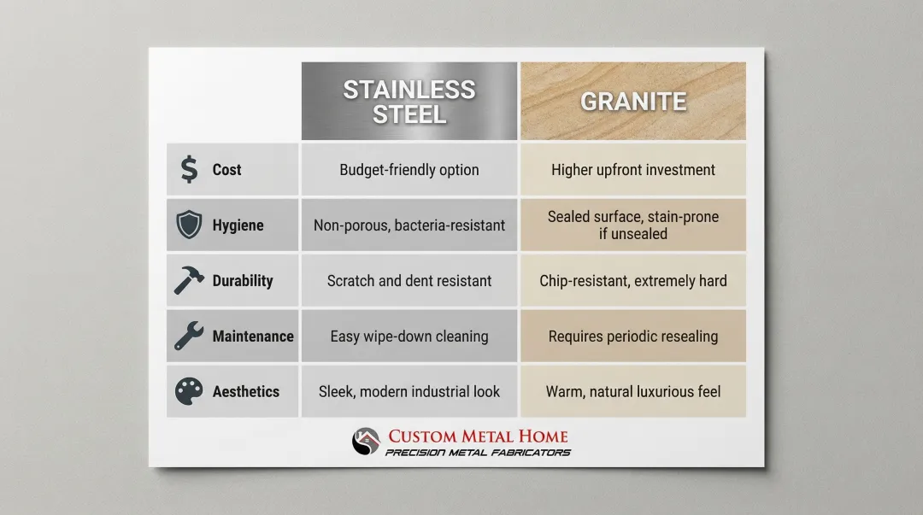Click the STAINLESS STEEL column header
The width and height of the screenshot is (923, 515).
pos(409,102)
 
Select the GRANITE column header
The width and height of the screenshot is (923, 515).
pos(633,102)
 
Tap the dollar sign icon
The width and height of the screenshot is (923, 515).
pos(189,169)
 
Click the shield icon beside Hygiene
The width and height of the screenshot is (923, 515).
pos(189,225)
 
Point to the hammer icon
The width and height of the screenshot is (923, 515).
pos(188,280)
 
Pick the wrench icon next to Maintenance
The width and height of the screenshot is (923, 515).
pos(188,336)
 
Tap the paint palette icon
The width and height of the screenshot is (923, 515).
pos(189,391)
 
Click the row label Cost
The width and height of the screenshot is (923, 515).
pos(226,169)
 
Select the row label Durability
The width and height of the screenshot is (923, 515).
pos(243,280)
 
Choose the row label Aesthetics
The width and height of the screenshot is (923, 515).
pos(246,391)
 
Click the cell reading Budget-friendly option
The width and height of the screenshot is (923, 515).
pos(409,169)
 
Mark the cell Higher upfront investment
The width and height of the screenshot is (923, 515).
pos(633,169)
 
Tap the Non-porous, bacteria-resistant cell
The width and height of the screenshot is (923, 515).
pos(409,225)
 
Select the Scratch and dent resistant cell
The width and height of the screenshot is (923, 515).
pos(409,280)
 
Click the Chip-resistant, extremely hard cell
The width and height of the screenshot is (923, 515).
pos(633,280)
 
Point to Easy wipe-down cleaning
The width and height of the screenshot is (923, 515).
pos(409,336)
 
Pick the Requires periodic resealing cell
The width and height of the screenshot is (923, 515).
pos(633,336)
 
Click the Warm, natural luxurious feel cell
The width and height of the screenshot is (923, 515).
pos(633,391)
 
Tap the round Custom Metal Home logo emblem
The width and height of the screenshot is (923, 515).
pos(366,442)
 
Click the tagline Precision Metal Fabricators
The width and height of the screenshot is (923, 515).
pos(478,453)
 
